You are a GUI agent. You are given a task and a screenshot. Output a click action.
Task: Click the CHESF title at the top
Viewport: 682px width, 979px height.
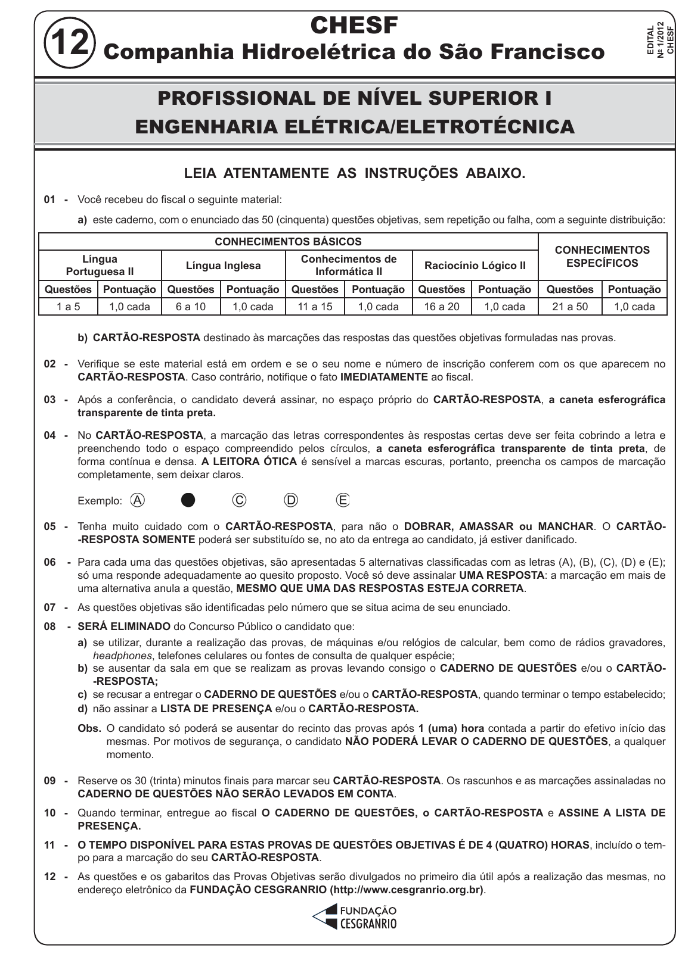click(x=354, y=25)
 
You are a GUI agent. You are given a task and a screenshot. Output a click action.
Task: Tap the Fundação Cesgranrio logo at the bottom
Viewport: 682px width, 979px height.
click(x=354, y=917)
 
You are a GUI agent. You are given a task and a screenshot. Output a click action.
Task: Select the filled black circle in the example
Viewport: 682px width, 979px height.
click(x=188, y=500)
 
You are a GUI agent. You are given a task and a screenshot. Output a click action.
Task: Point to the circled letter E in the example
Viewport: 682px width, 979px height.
click(x=343, y=500)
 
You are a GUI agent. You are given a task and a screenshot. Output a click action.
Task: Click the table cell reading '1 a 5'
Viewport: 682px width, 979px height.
click(x=68, y=307)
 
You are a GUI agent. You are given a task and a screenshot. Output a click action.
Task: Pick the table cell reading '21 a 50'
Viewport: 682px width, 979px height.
click(x=570, y=307)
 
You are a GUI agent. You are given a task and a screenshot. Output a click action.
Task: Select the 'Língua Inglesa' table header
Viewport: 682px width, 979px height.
click(x=223, y=266)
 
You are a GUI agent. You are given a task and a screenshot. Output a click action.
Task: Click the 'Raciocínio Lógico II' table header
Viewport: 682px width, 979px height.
click(x=475, y=266)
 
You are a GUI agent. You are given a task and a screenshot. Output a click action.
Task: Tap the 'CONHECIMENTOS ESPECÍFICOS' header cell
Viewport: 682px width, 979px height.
click(x=602, y=257)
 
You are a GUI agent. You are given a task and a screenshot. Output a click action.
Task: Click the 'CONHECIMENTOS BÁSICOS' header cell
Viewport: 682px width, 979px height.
click(x=288, y=242)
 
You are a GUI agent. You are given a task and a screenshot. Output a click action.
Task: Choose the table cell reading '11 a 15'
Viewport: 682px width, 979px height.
click(x=315, y=307)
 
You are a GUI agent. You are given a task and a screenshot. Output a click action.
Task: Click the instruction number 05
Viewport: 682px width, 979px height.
click(x=50, y=526)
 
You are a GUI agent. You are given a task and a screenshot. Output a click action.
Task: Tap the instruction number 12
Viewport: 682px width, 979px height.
click(x=50, y=877)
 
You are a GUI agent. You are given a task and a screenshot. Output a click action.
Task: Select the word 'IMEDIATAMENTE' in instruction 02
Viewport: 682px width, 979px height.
click(x=384, y=377)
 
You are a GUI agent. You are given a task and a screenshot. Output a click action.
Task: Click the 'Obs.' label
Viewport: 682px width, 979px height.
click(x=89, y=728)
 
